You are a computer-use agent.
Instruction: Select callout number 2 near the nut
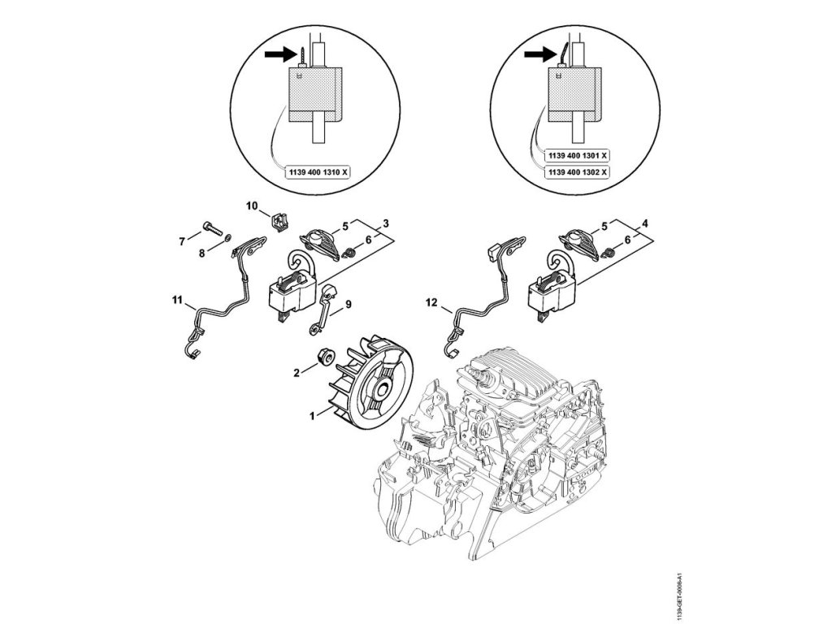click(x=297, y=371)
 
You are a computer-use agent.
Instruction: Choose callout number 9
click(x=349, y=305)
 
